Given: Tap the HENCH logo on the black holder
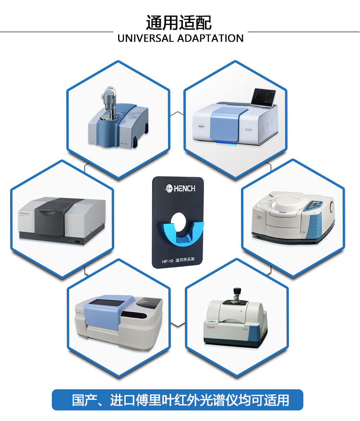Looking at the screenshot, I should click(180, 189).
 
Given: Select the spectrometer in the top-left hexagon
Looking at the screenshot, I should click(118, 118).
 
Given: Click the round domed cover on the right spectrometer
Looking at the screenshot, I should click(287, 202).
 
